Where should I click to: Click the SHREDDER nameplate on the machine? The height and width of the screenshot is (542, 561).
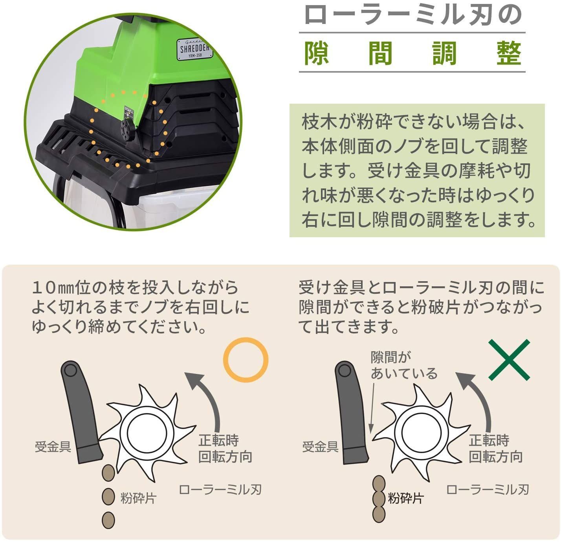[x=195, y=49]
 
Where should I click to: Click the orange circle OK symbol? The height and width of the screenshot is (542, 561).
[x=246, y=359]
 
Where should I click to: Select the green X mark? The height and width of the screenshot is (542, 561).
[x=509, y=360]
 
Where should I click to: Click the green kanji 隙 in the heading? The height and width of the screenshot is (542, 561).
[x=317, y=53]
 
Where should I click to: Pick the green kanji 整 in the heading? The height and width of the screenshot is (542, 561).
[x=508, y=53]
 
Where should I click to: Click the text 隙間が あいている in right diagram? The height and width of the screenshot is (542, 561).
[x=404, y=365]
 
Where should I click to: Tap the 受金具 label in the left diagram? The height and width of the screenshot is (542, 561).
[x=53, y=447]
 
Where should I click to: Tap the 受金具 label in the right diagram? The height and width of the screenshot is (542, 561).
[x=320, y=447]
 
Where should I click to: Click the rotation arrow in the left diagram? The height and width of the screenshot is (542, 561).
[x=208, y=401]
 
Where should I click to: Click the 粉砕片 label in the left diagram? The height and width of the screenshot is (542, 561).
[x=138, y=498]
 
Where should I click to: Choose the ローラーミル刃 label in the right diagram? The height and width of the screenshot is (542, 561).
[x=488, y=490]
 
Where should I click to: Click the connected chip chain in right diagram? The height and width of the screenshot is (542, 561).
[x=379, y=499]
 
